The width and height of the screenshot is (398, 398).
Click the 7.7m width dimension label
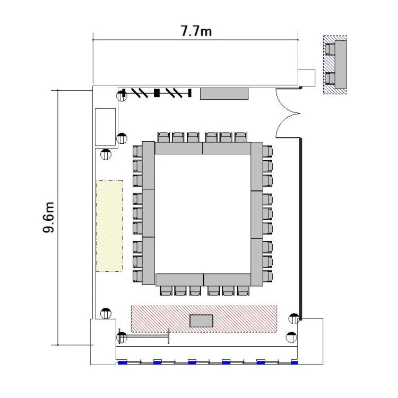[x=196, y=31]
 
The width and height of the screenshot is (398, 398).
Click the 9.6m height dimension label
[x=48, y=218]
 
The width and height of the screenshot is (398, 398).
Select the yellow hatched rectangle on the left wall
[x=109, y=226]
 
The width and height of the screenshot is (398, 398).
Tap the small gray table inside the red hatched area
[x=201, y=321]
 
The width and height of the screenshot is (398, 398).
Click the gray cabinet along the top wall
[x=224, y=93]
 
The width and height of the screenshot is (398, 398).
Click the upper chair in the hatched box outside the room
[x=330, y=49]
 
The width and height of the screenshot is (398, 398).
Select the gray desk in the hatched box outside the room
[x=341, y=64]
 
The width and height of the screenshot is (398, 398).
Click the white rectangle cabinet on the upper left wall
[x=106, y=127]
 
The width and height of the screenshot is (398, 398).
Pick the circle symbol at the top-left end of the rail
[x=122, y=96]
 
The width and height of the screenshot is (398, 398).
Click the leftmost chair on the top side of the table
[x=163, y=137]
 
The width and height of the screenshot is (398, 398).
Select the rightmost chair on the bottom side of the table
[x=243, y=290]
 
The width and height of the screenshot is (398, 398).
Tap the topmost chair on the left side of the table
[x=137, y=151]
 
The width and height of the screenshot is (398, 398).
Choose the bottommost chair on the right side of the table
[x=267, y=276]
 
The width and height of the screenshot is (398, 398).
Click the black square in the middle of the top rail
[x=157, y=93]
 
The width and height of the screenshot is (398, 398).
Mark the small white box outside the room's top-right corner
[x=306, y=77]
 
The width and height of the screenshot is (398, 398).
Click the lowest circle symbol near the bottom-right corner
[x=291, y=338]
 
